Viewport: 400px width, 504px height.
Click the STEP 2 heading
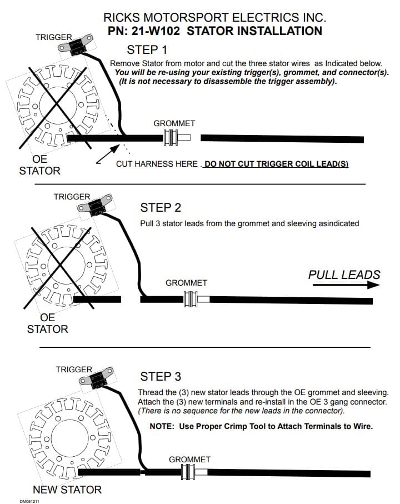point(161,208)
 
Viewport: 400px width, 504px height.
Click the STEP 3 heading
point(161,377)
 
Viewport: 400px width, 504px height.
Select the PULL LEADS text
point(344,275)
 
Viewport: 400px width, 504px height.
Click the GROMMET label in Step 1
point(174,123)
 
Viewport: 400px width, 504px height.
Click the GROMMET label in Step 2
point(186,283)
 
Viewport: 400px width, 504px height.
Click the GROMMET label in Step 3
point(189,460)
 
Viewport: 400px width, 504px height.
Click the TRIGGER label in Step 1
point(53,37)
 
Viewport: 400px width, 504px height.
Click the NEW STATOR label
point(67,490)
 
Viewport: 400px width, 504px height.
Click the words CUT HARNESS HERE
point(156,164)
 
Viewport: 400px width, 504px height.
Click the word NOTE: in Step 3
point(161,426)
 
